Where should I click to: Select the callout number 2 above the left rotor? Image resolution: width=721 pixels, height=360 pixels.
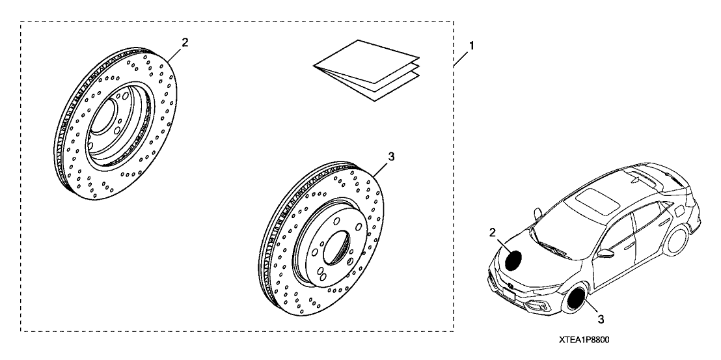pos(185,42)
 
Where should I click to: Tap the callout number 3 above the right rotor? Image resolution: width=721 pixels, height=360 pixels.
pos(390,156)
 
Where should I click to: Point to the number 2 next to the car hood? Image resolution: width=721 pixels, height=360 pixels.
pos(493,232)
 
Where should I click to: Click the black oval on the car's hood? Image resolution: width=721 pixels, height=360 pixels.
pos(515,260)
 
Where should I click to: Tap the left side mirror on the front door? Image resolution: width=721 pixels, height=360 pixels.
pos(606,255)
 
